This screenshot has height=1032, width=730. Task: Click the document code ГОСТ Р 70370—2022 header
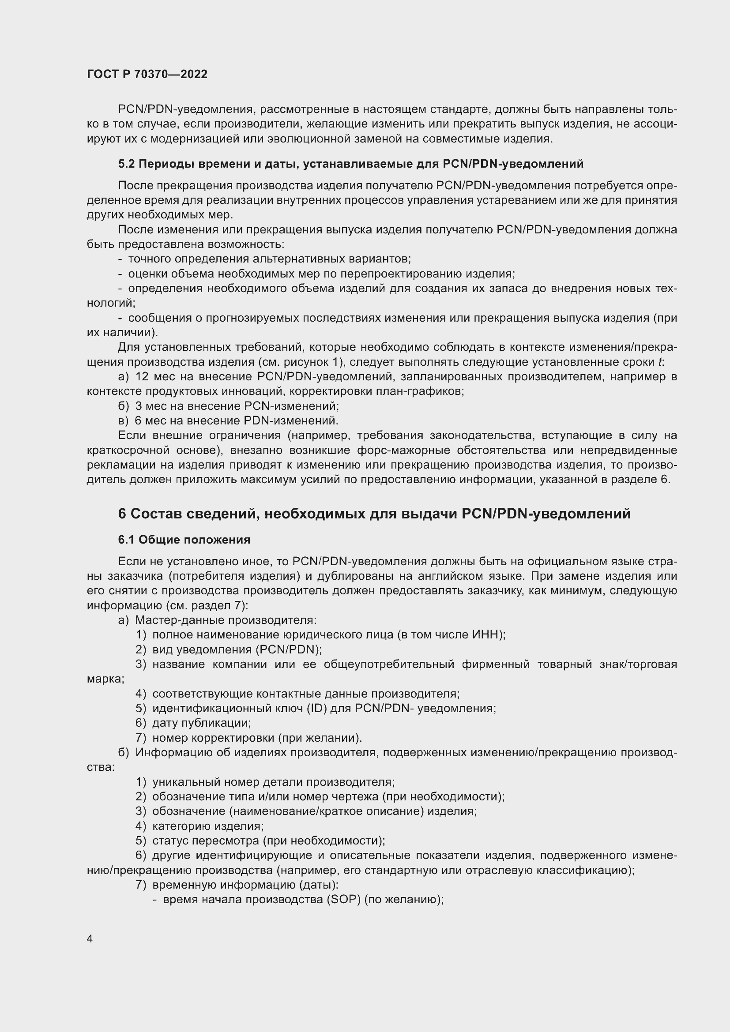[147, 75]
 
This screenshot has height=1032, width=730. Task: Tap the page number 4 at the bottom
[90, 938]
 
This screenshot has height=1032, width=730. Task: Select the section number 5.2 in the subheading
[126, 164]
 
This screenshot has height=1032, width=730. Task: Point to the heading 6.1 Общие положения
[184, 539]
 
